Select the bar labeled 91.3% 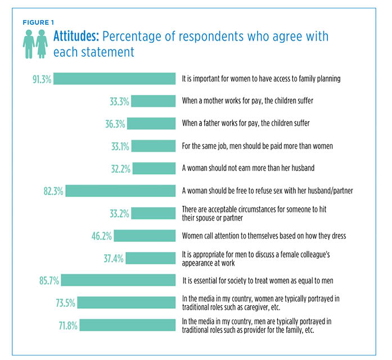coord(115,79)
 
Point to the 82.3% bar coord(120,191)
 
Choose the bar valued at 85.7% coord(118,280)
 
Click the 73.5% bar coord(127,302)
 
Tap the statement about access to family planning coord(261,79)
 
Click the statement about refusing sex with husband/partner coord(267,191)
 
